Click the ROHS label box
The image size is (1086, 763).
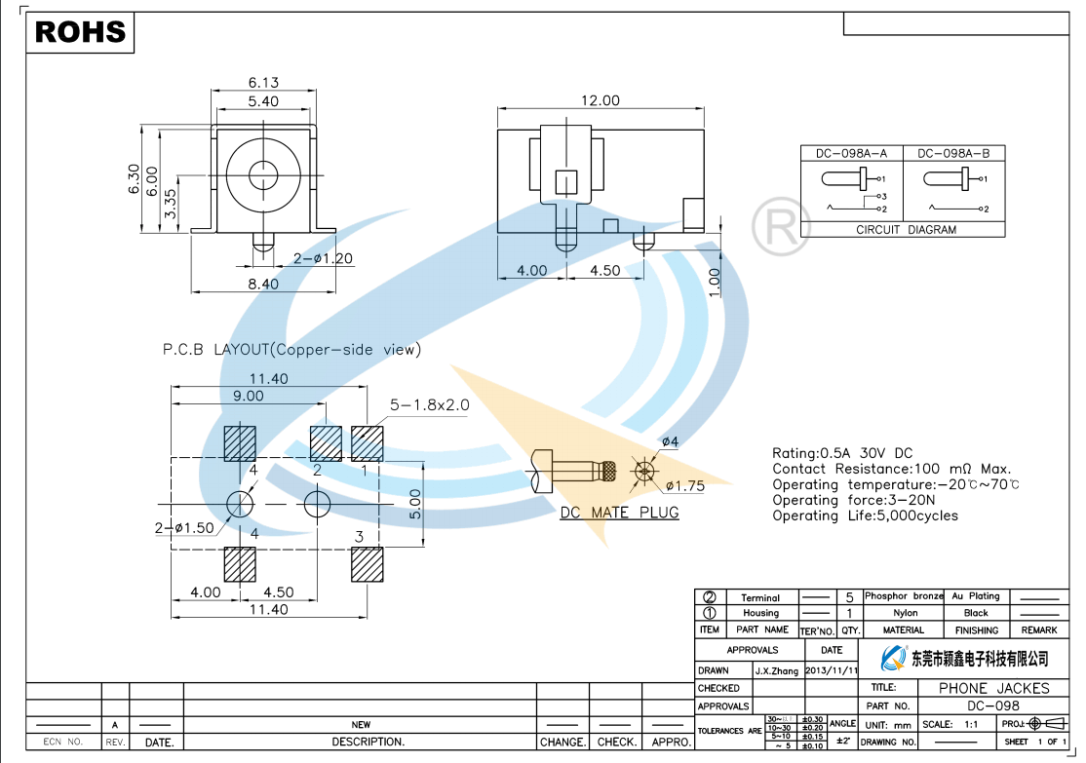click(x=81, y=32)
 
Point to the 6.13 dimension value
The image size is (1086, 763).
click(x=263, y=83)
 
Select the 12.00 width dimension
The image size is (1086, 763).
click(x=601, y=101)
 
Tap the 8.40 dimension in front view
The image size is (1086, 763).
click(x=263, y=284)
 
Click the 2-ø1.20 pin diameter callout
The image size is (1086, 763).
click(x=323, y=259)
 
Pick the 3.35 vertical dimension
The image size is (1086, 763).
click(x=172, y=204)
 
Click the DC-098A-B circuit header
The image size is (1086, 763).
click(x=952, y=154)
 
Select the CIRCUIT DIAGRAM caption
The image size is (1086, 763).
click(x=906, y=230)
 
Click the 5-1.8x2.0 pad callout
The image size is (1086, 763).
click(x=429, y=404)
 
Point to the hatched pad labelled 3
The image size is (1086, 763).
click(x=368, y=564)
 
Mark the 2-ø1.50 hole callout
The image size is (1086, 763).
click(x=184, y=528)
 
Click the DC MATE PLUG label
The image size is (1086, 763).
click(x=619, y=513)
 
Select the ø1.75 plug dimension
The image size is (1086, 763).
click(x=685, y=485)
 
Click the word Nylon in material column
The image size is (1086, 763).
click(x=905, y=613)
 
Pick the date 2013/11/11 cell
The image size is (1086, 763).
click(x=832, y=670)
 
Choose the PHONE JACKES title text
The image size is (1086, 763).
click(x=993, y=688)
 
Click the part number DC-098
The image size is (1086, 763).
click(x=992, y=706)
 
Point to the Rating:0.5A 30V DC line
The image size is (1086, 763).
click(x=842, y=453)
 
